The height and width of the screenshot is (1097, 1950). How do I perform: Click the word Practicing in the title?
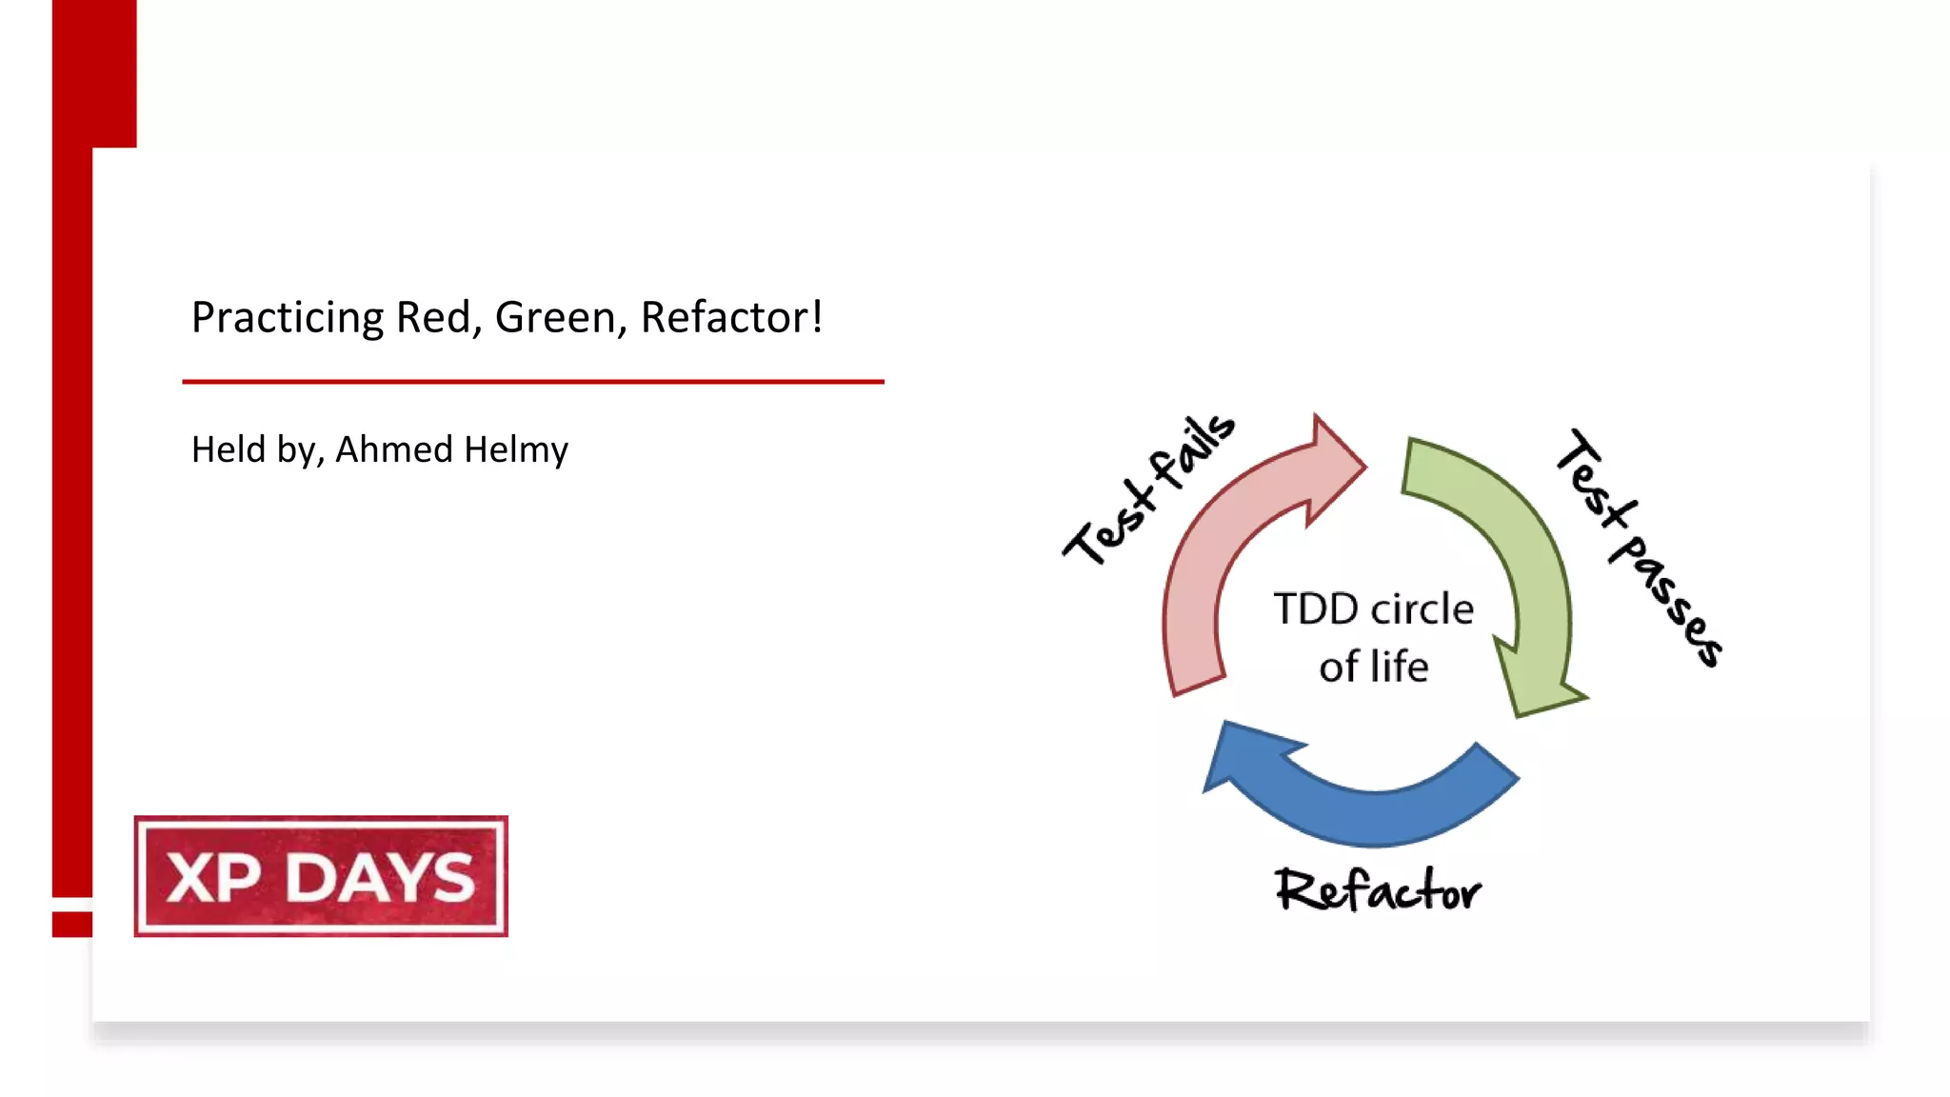pyautogui.click(x=287, y=318)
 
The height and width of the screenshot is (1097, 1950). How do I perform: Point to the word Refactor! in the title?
pyautogui.click(x=731, y=318)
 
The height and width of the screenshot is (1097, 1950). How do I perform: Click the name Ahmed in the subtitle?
pyautogui.click(x=393, y=449)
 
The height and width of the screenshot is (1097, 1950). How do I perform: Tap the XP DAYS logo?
pyautogui.click(x=321, y=876)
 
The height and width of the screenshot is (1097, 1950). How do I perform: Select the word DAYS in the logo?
pyautogui.click(x=380, y=878)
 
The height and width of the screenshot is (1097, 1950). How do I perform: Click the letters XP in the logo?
pyautogui.click(x=213, y=878)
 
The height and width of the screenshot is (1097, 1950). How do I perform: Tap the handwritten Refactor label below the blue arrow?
pyautogui.click(x=1377, y=891)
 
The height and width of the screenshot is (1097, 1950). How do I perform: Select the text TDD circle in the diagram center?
pyautogui.click(x=1373, y=609)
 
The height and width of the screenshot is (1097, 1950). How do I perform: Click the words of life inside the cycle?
pyautogui.click(x=1373, y=667)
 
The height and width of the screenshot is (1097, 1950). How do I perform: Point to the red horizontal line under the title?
pyautogui.click(x=533, y=382)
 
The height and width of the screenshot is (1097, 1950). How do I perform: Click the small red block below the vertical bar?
pyautogui.click(x=72, y=924)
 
